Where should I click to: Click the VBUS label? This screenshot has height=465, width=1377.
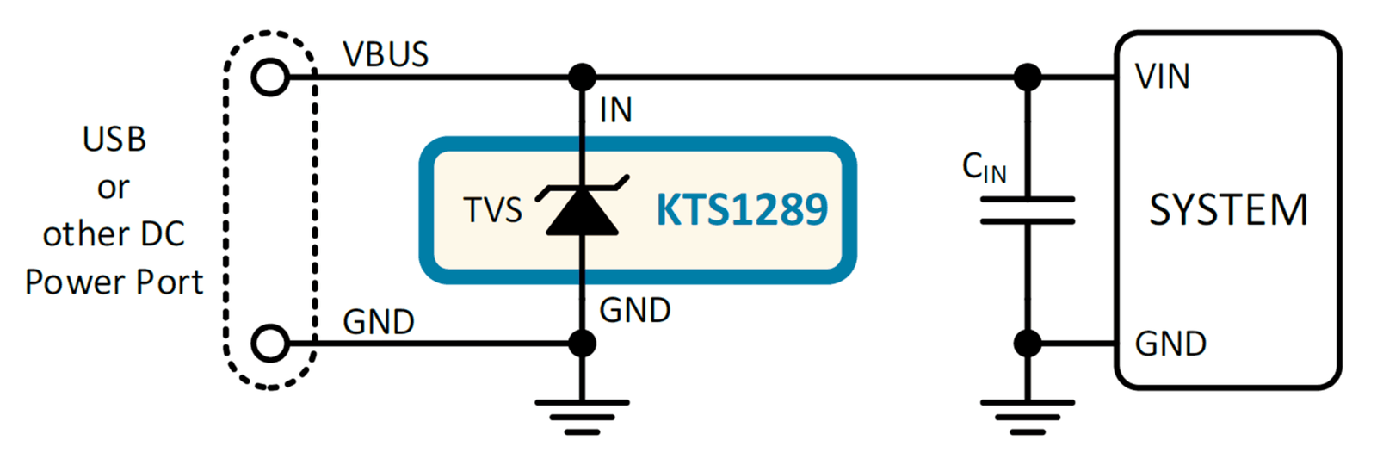tap(386, 55)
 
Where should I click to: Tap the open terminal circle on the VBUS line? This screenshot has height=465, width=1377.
tap(270, 77)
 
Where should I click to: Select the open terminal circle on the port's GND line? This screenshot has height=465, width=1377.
tap(270, 344)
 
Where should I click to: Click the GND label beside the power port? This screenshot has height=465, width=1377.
tap(379, 322)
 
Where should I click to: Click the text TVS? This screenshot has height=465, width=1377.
tap(492, 210)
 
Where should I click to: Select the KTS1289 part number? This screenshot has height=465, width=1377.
tap(742, 210)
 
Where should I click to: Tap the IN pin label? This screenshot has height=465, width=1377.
tap(616, 111)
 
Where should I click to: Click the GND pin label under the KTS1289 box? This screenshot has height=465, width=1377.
tap(635, 310)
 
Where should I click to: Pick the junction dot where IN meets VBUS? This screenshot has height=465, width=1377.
tap(582, 77)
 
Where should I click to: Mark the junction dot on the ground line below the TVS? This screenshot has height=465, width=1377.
tap(582, 344)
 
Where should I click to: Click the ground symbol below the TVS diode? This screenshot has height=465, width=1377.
tap(582, 418)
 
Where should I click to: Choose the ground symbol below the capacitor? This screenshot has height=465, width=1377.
tap(1028, 418)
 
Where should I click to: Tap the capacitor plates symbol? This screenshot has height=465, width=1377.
tap(1028, 210)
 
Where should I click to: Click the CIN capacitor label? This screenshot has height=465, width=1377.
tap(985, 167)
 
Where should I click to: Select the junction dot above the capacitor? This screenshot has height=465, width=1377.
tap(1028, 77)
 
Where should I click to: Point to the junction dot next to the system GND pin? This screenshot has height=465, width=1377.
tap(1028, 344)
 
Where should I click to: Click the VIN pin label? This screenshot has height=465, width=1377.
tap(1163, 77)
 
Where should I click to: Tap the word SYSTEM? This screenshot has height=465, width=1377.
tap(1228, 210)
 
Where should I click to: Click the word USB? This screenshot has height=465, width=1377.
tap(114, 139)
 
